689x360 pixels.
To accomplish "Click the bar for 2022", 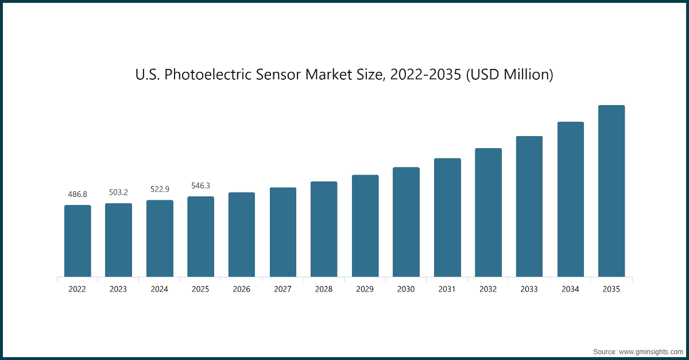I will coord(78,241).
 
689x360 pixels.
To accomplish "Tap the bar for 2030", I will coord(406,222).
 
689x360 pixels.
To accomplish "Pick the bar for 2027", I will coord(283,233).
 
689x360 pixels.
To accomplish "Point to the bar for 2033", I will coord(529,207).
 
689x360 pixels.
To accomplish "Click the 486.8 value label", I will coord(78,195).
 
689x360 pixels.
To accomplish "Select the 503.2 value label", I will coord(118,192).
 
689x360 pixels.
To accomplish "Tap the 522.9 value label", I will coord(160,189).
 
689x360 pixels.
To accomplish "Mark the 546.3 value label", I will coord(200,185).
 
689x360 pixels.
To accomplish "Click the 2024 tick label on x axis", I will coord(160,289).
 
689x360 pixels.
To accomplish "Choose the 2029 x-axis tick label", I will coord(365,289).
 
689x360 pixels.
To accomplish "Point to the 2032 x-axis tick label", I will coord(488,289).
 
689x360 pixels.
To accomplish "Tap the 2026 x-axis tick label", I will coord(242,289).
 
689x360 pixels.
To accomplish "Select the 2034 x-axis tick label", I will coord(570,289).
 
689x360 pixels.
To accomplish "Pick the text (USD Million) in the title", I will coord(509,75).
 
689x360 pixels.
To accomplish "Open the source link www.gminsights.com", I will coord(649,351).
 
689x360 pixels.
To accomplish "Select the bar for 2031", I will coord(447,218).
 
